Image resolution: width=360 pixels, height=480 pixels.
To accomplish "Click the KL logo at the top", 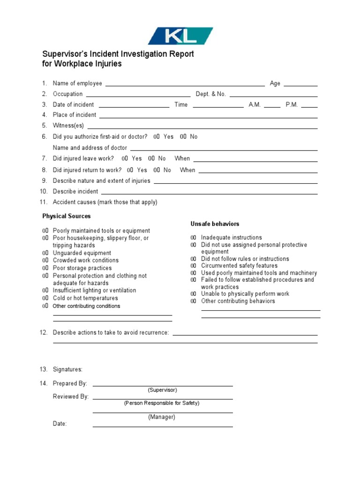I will (x=180, y=36).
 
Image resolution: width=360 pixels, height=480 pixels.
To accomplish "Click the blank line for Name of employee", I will (x=185, y=84).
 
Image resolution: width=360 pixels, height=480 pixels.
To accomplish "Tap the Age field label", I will (x=275, y=83).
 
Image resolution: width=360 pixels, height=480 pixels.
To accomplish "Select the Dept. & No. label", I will (x=210, y=94).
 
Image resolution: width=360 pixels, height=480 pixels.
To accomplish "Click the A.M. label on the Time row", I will (x=255, y=105).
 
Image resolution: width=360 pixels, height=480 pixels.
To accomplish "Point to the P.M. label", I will (x=292, y=105).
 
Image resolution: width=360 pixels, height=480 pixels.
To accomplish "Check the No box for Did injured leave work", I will (x=151, y=158).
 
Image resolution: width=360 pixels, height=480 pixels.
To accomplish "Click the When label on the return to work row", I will (x=187, y=170).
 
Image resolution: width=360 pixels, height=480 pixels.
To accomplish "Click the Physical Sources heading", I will (x=67, y=216).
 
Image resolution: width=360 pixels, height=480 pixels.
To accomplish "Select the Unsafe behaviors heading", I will (x=215, y=224).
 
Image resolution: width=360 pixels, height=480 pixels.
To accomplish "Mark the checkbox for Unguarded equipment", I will (x=45, y=253).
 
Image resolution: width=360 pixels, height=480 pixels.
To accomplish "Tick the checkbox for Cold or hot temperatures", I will (x=45, y=298).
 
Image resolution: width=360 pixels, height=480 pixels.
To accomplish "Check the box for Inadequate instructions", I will (x=194, y=238).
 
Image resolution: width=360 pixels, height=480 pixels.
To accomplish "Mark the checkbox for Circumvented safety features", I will (x=194, y=266).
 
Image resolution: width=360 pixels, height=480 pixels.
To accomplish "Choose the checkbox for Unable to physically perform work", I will (x=194, y=294).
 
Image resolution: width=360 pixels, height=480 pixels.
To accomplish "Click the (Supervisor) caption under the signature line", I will (x=162, y=390).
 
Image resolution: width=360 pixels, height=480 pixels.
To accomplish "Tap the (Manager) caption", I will (x=162, y=417).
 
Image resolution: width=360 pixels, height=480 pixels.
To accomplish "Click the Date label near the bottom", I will (x=60, y=424).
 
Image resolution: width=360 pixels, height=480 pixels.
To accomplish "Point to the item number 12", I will (x=44, y=332).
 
